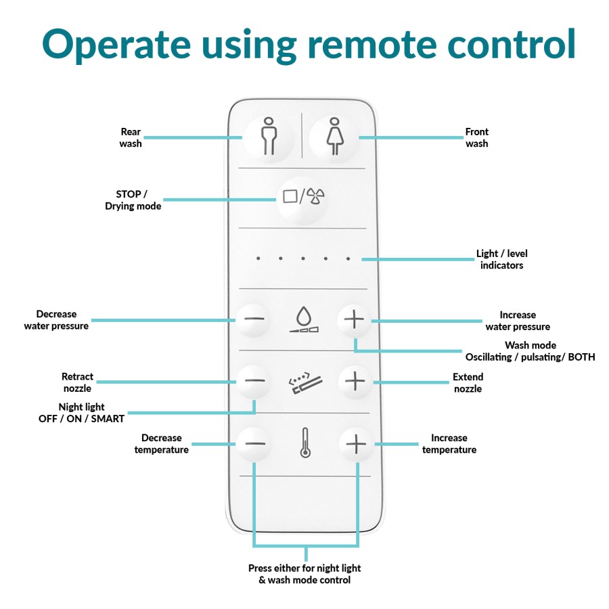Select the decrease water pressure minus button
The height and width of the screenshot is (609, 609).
pyautogui.click(x=254, y=319)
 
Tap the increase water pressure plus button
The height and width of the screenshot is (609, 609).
pyautogui.click(x=355, y=319)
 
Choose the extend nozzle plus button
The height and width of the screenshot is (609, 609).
pyautogui.click(x=355, y=381)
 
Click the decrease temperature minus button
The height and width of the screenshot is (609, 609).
pyautogui.click(x=254, y=444)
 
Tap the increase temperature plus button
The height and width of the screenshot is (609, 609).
pyautogui.click(x=356, y=444)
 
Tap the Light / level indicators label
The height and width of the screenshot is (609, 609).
pyautogui.click(x=501, y=259)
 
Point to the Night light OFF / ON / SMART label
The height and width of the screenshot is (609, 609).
pyautogui.click(x=81, y=413)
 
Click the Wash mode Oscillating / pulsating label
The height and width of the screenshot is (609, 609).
pyautogui.click(x=530, y=351)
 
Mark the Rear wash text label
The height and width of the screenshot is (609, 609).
pyautogui.click(x=131, y=137)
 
